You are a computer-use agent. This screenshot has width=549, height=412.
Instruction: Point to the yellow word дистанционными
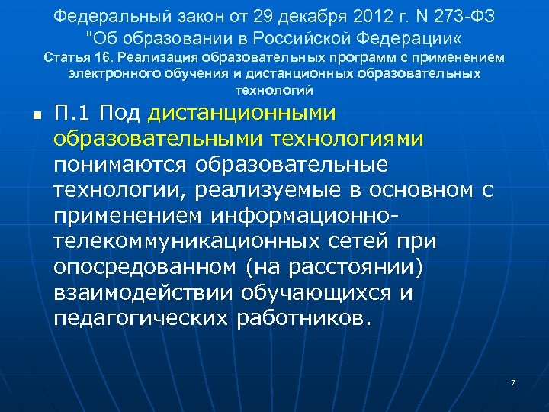[x=242, y=113]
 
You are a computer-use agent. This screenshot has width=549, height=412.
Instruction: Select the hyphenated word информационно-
[x=309, y=216]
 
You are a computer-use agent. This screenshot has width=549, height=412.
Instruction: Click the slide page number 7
[x=514, y=381]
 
